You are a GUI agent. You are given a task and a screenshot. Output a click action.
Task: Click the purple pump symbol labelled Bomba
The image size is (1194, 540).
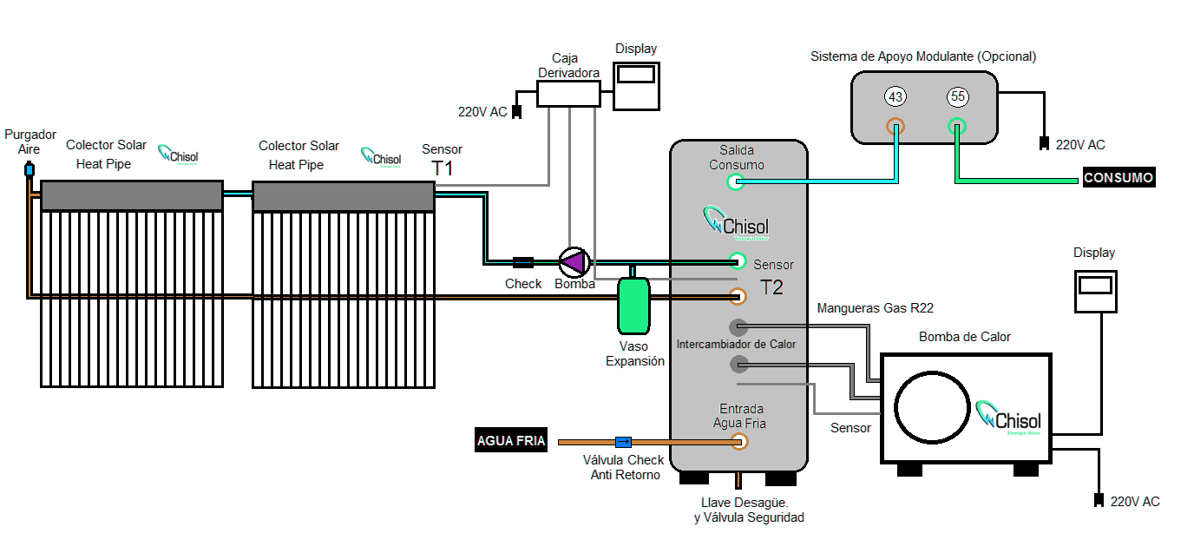[x=573, y=260]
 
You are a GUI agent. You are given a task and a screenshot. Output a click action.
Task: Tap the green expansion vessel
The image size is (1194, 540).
[x=633, y=306]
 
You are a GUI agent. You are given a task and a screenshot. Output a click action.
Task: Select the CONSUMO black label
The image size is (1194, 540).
[x=1119, y=178]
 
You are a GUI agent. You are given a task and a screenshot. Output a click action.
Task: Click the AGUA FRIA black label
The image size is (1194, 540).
[x=511, y=441]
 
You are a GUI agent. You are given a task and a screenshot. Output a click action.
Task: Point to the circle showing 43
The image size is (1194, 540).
[x=895, y=95]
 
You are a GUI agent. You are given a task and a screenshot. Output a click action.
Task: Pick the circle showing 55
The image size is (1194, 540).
[x=957, y=95]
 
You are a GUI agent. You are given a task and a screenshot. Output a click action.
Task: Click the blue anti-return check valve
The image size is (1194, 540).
[x=623, y=442]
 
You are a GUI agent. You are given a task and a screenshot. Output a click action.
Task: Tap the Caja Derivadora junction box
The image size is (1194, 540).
[x=568, y=94]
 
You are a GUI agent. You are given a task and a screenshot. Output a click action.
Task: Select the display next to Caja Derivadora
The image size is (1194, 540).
[x=636, y=85]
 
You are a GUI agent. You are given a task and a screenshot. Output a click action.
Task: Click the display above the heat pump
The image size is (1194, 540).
[x=1094, y=291]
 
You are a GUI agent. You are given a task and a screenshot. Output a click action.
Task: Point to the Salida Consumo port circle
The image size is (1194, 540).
[x=736, y=181]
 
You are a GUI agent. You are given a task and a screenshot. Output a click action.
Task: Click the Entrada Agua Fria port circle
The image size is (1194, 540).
[x=739, y=442]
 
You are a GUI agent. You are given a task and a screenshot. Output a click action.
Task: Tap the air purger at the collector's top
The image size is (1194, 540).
[x=29, y=168]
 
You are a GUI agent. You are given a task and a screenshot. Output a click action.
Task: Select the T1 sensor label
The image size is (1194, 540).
[x=443, y=169]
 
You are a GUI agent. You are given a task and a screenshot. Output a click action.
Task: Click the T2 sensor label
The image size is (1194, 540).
[x=771, y=287]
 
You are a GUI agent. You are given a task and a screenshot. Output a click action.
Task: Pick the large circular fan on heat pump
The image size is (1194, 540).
[x=932, y=407]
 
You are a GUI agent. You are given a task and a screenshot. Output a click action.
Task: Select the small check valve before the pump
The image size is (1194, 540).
[x=522, y=261]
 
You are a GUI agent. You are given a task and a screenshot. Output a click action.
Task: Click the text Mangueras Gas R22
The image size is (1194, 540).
[x=875, y=308]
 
